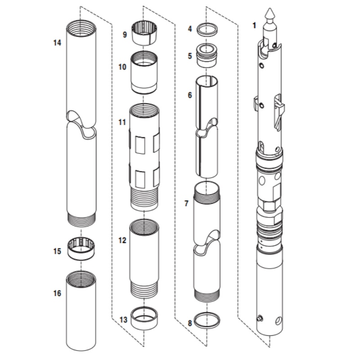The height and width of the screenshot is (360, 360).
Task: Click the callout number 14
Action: click(x=57, y=43)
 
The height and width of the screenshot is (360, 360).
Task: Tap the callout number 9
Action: click(x=125, y=34)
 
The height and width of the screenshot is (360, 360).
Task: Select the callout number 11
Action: click(x=122, y=122)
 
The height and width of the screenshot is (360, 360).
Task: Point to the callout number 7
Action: click(x=186, y=203)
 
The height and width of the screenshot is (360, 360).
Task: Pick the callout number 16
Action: click(x=57, y=293)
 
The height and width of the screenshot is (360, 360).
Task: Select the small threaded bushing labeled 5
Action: click(x=207, y=54)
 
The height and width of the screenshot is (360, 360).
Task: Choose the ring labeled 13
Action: click(x=144, y=318)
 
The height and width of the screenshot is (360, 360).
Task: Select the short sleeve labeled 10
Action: click(x=144, y=72)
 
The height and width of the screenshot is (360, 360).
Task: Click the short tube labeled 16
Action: click(x=81, y=310)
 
